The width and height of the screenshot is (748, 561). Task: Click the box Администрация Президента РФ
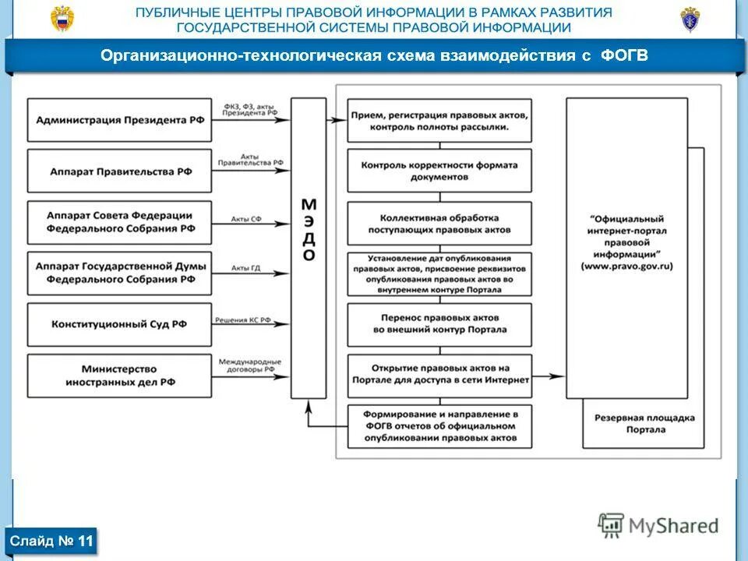119,120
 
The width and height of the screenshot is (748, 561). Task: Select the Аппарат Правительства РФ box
119,171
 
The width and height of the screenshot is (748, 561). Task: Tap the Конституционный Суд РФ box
119,324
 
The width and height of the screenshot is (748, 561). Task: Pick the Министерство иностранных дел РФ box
119,376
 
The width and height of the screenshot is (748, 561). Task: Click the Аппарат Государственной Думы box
119,273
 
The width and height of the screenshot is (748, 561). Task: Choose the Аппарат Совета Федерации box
119,222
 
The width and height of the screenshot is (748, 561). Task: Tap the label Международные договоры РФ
250,366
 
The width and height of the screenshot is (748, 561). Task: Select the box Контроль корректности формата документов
439,171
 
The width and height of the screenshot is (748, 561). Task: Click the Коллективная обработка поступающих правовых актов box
439,224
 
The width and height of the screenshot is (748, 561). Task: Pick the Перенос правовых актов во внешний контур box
439,324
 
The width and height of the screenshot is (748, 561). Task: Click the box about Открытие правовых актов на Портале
439,375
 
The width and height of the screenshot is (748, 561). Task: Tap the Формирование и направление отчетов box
439,426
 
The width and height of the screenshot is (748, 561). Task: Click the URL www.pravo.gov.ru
626,266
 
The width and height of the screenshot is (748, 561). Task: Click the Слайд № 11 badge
52,540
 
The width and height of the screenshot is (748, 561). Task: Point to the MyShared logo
658,525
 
